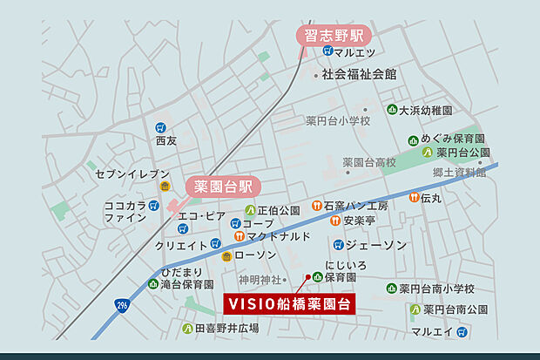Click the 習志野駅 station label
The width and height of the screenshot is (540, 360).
334,37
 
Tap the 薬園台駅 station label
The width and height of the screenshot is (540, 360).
221,186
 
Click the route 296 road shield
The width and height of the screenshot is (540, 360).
120,305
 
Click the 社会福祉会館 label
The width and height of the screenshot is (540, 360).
359,75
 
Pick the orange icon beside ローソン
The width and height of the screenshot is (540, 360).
226,255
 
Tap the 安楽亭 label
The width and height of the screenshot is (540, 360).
359,221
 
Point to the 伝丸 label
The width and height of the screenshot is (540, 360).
430,199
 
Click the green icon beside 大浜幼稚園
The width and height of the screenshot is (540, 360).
393,111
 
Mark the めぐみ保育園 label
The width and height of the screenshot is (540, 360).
453,139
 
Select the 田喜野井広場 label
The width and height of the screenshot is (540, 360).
226,328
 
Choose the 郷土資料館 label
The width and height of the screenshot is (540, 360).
459,173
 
